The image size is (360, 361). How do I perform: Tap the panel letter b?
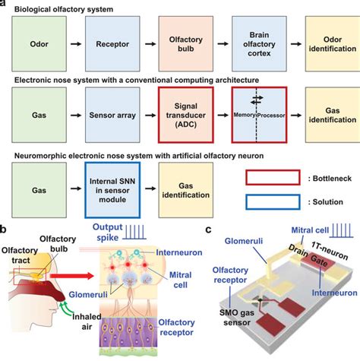[x=5, y=228]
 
